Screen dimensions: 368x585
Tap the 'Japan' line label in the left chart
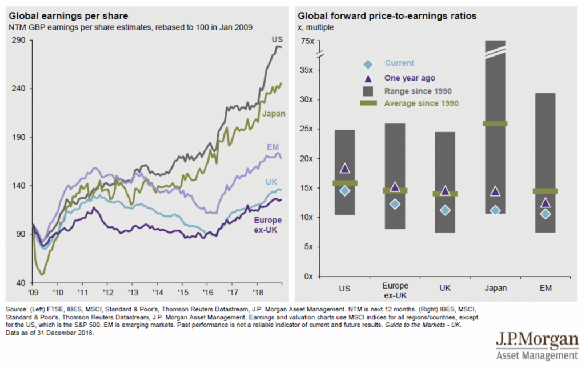274,113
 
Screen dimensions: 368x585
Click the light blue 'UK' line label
271,182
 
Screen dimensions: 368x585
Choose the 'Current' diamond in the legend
368,63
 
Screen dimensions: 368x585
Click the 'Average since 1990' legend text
422,103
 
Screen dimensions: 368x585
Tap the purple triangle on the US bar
344,168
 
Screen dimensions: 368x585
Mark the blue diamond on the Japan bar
495,210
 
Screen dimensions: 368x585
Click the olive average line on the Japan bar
495,123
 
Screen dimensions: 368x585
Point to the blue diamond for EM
545,214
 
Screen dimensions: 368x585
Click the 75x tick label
307,41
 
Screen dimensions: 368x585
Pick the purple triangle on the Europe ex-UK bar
395,187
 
